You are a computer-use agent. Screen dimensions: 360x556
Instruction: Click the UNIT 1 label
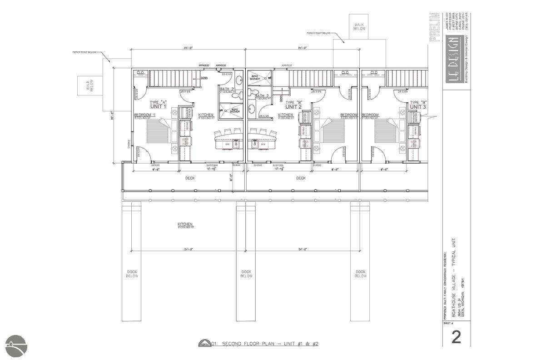158,106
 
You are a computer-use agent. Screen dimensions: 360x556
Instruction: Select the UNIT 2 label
293,107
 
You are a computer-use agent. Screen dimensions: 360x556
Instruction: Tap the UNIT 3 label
418,107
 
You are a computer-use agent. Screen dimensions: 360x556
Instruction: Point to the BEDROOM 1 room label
144,115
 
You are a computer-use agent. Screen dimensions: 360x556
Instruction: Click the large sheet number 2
456,337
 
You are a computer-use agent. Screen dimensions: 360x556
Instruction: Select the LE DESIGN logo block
453,59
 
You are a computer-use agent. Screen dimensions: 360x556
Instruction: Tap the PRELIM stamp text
435,27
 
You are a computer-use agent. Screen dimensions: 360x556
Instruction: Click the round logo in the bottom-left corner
16,346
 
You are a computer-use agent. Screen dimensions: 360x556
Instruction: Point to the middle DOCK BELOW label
246,274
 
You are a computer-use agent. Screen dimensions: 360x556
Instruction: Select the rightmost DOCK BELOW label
361,274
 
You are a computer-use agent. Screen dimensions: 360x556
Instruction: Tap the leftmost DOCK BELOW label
132,274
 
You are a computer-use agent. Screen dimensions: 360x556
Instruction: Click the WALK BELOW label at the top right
359,26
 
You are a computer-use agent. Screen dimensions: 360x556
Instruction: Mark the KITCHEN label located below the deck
185,225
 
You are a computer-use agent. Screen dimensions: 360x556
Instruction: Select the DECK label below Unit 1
190,178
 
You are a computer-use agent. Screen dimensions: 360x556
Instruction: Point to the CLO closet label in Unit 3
374,73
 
